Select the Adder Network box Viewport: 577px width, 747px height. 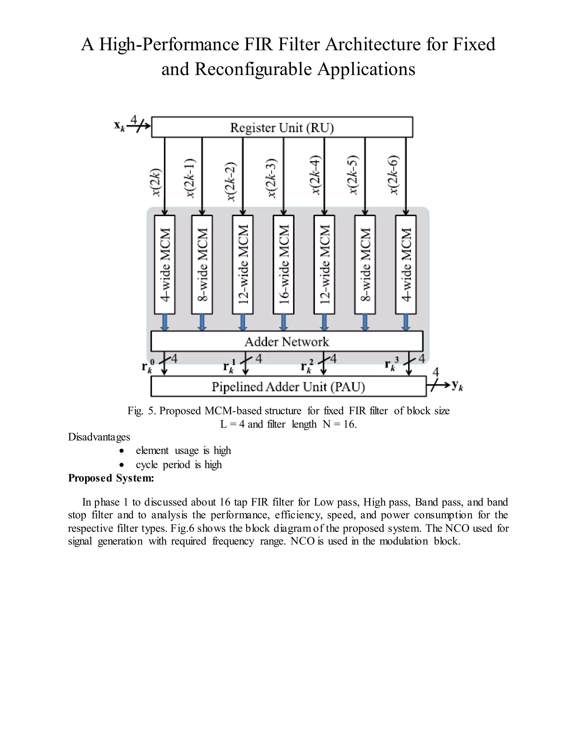[287, 341]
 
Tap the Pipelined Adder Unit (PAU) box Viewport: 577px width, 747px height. [288, 386]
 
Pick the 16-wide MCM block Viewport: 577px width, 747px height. [283, 264]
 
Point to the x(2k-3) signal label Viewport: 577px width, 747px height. [271, 178]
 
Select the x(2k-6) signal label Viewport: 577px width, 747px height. [394, 175]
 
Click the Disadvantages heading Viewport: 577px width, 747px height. [99, 437]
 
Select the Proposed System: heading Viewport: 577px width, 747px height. [111, 478]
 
